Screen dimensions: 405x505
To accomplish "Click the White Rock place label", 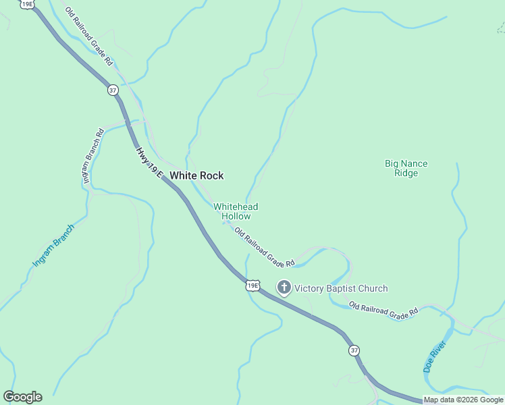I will (x=196, y=175).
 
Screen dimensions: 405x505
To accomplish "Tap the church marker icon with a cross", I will (x=284, y=288).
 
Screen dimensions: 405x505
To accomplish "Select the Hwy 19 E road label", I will (x=150, y=163).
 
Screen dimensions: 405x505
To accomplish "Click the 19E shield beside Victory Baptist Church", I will (x=252, y=286).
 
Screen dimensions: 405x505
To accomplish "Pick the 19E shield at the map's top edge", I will (x=28, y=4).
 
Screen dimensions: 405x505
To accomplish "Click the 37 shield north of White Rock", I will (x=113, y=90).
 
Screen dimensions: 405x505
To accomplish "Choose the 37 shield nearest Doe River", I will (x=354, y=350).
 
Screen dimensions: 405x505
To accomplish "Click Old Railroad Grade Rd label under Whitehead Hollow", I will (x=265, y=246).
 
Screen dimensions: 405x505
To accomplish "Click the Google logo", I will (x=22, y=397).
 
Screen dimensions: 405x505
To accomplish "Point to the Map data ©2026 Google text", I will (x=463, y=400).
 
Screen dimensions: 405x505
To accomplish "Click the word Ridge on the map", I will (x=406, y=173).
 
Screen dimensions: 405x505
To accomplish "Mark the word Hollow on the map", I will (x=236, y=217).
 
